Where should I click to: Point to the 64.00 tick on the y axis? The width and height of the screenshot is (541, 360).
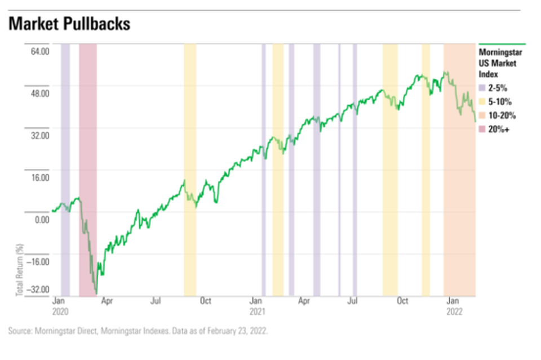39,51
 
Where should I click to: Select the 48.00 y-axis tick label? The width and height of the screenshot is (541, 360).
39,93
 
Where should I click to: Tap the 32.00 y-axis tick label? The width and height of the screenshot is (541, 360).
39,135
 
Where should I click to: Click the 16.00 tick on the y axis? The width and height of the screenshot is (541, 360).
39,177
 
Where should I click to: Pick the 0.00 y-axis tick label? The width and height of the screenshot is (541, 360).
41,219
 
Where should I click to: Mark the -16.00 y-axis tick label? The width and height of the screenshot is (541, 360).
38,261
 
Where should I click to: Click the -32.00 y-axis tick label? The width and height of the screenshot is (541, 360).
38,290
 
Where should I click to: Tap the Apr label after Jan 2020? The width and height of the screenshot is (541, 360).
107,301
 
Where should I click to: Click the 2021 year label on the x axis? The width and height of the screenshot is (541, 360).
258,310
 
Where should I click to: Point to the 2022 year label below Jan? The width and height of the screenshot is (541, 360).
455,310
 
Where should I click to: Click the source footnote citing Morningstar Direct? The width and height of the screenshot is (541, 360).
138,331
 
